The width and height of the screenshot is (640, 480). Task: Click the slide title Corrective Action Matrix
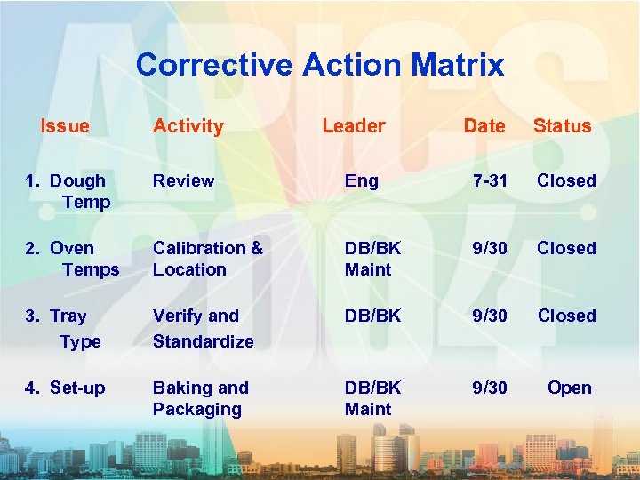coord(320,65)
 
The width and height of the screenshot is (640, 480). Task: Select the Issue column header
coord(65,126)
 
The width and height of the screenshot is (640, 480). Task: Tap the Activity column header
coord(188,126)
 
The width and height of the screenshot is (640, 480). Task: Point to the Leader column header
coord(353,126)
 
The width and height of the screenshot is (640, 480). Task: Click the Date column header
coord(484,126)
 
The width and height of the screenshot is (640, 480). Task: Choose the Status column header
coord(562,126)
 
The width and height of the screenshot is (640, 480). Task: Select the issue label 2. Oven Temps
coord(72,259)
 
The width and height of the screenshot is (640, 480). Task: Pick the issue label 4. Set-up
coord(65,388)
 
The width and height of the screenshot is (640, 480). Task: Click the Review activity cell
coord(183,180)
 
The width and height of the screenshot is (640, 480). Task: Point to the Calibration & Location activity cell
coord(207,259)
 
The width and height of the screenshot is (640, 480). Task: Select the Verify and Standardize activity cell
coord(203,328)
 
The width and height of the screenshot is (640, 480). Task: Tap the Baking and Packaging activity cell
coord(200,398)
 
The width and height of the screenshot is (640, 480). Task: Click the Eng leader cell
coord(362,181)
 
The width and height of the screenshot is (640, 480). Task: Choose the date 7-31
coord(490,181)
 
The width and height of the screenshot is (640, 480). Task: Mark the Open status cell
coord(569,388)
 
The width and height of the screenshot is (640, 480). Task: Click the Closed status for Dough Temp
coord(566,180)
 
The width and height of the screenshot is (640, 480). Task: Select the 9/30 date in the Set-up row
coord(489,388)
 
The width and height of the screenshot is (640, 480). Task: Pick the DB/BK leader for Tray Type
coord(372,316)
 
